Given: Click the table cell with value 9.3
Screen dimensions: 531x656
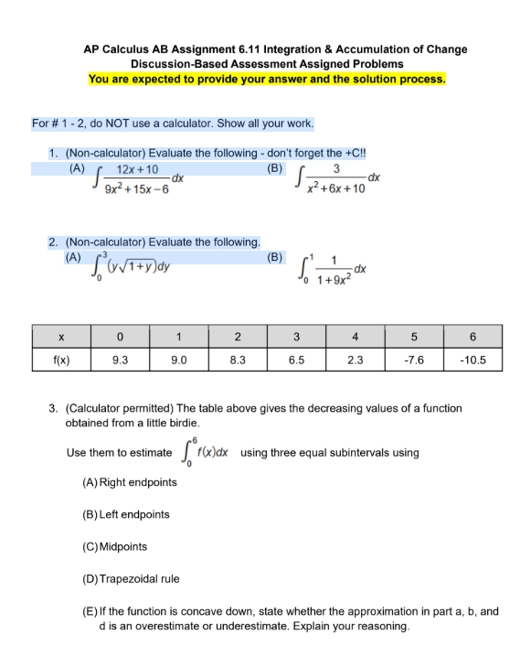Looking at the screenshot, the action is pyautogui.click(x=119, y=360).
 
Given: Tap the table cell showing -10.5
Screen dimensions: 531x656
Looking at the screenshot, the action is pyautogui.click(x=478, y=360).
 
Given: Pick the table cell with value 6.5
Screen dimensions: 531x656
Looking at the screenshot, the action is pyautogui.click(x=297, y=360).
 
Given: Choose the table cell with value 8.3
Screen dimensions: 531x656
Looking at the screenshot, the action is pyautogui.click(x=237, y=360).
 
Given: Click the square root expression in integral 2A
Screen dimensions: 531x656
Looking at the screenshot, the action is pyautogui.click(x=143, y=267).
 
